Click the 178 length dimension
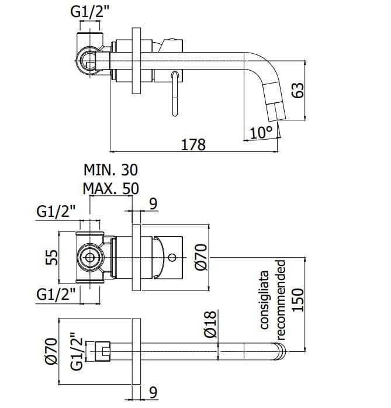193,145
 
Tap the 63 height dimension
297,90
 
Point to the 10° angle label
261,133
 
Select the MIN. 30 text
111,170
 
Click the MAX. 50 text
111,188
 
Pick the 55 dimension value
51,257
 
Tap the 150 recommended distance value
297,300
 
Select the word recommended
281,300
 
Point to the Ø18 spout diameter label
210,324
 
